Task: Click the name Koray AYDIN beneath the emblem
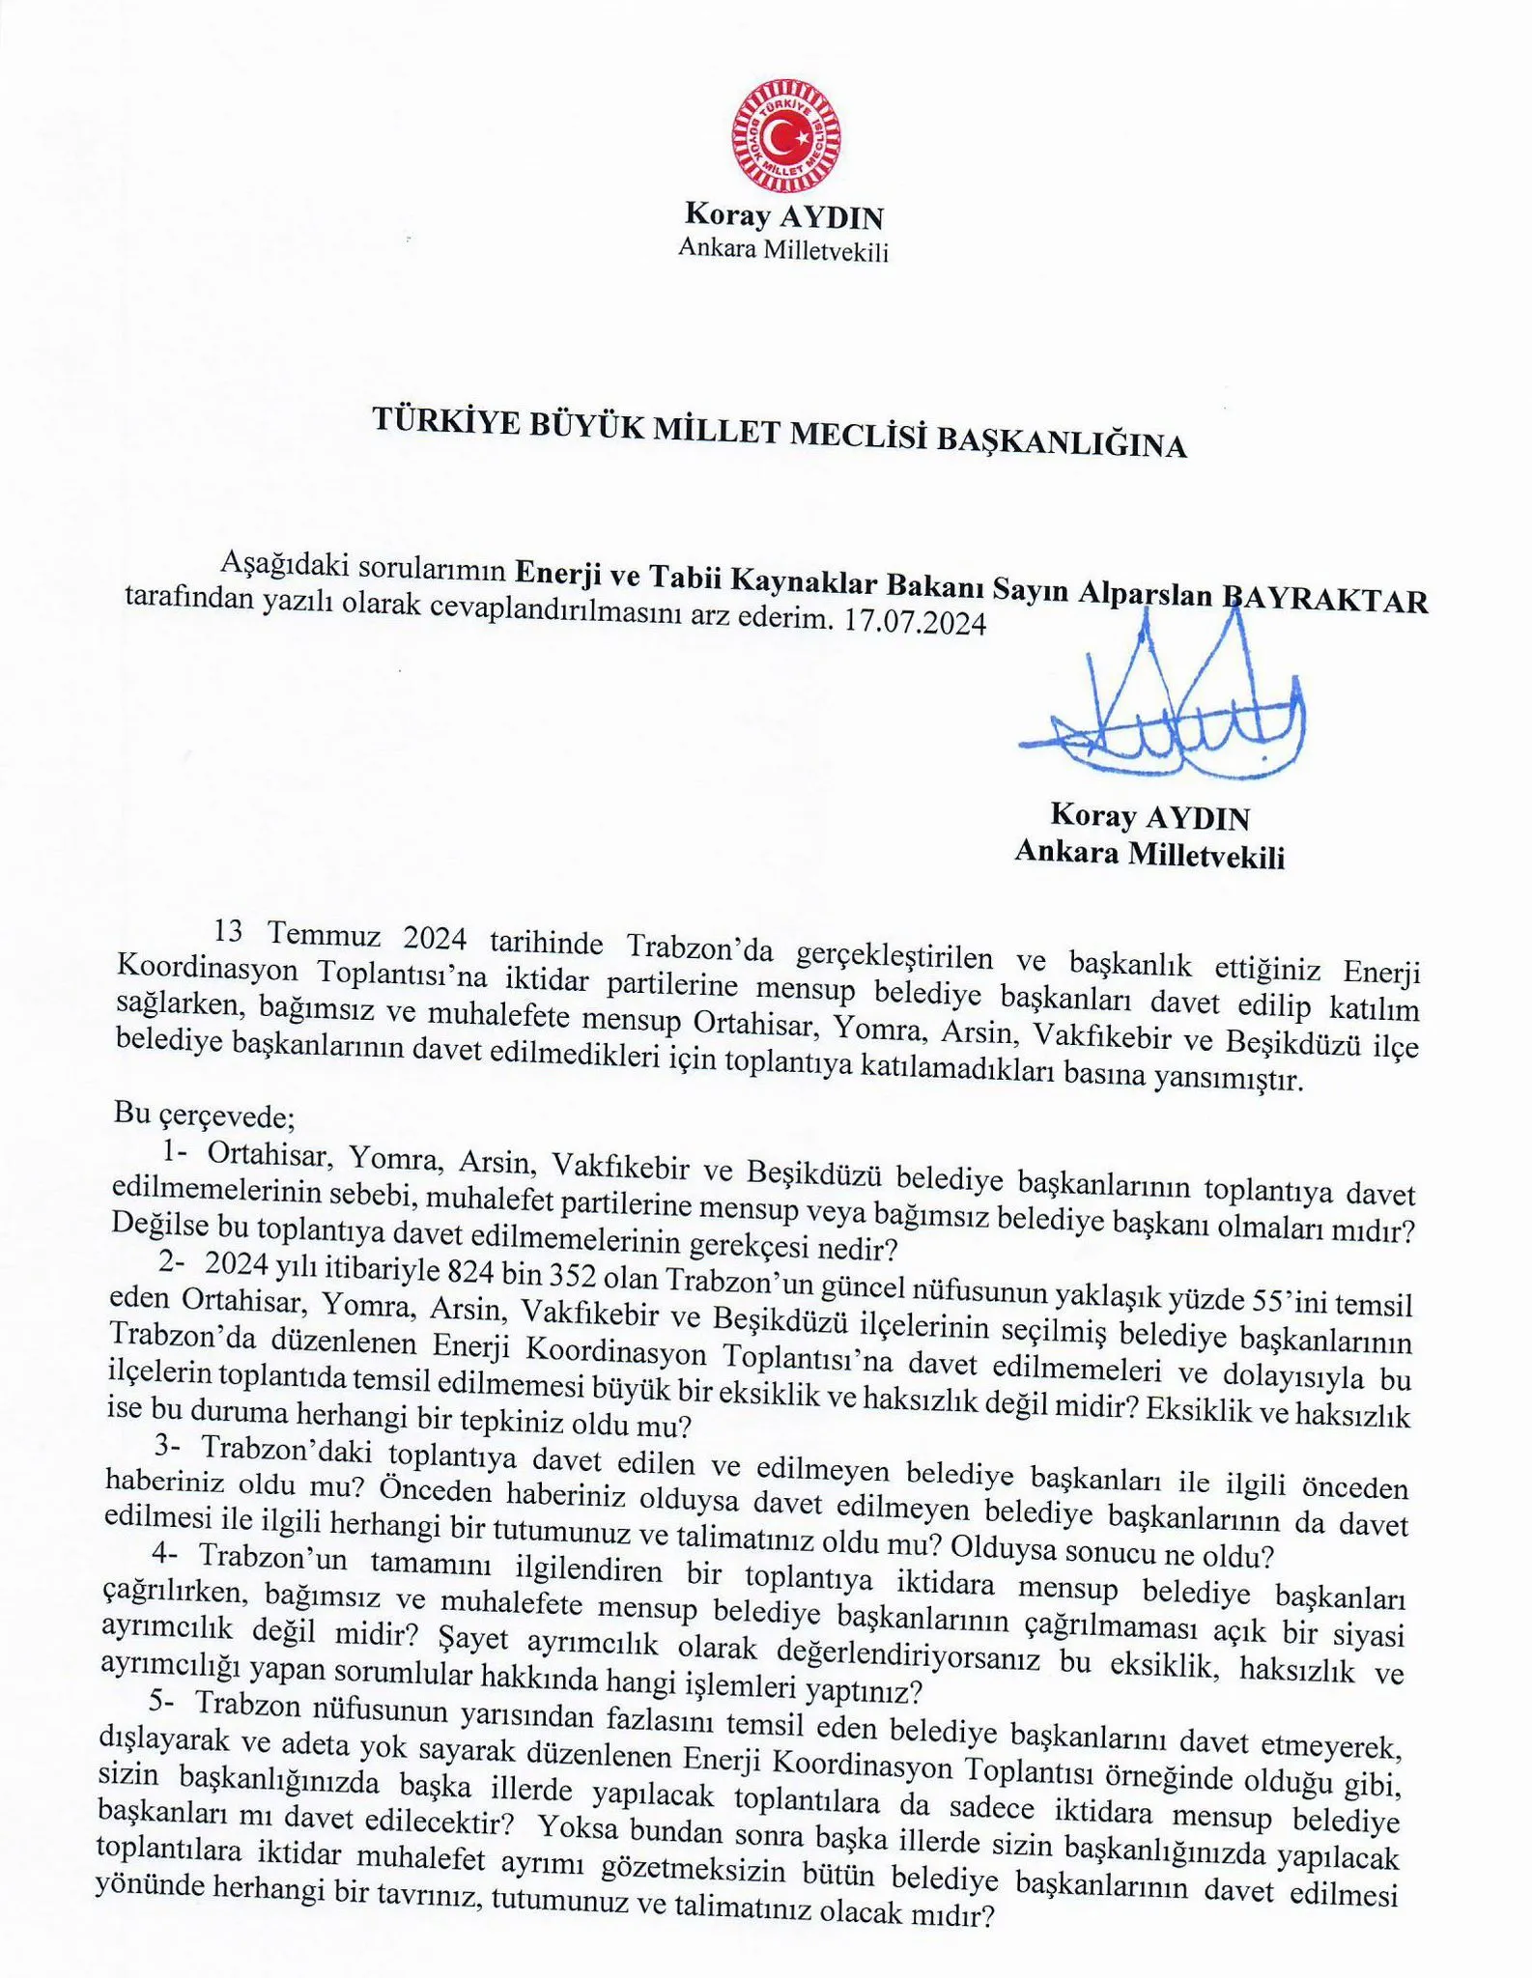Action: point(783,214)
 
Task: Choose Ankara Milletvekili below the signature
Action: point(1149,854)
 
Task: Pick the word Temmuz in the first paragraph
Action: point(327,935)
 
